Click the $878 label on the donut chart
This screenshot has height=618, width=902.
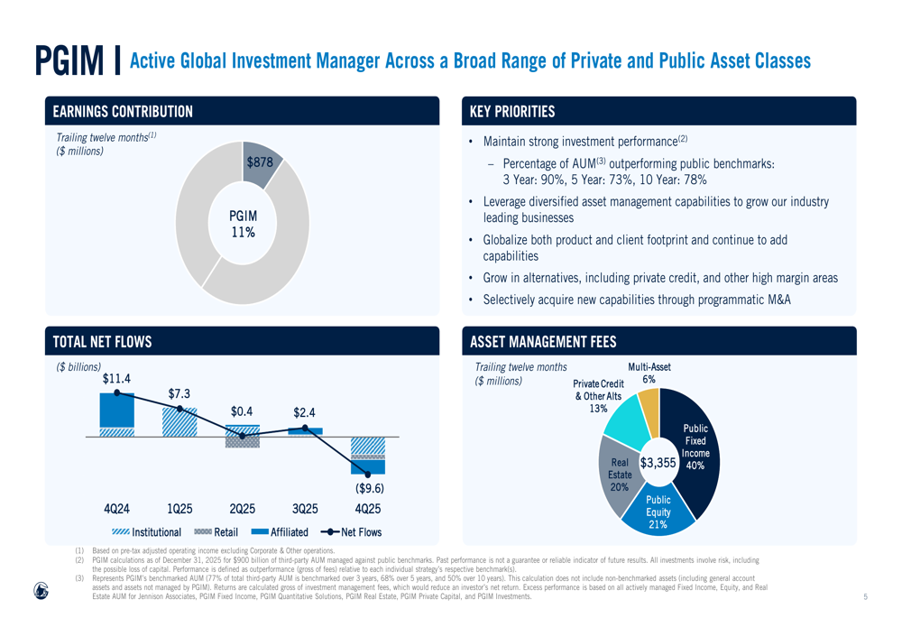(260, 162)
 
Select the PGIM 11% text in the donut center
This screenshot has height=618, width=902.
(243, 224)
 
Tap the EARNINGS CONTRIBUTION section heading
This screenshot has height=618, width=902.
(123, 112)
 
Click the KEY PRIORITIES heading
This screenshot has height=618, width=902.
(512, 112)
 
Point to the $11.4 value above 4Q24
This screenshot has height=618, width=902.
(116, 378)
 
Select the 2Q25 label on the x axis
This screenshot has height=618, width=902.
(243, 509)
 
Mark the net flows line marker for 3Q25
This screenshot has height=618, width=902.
(305, 428)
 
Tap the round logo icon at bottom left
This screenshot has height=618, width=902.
(41, 590)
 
